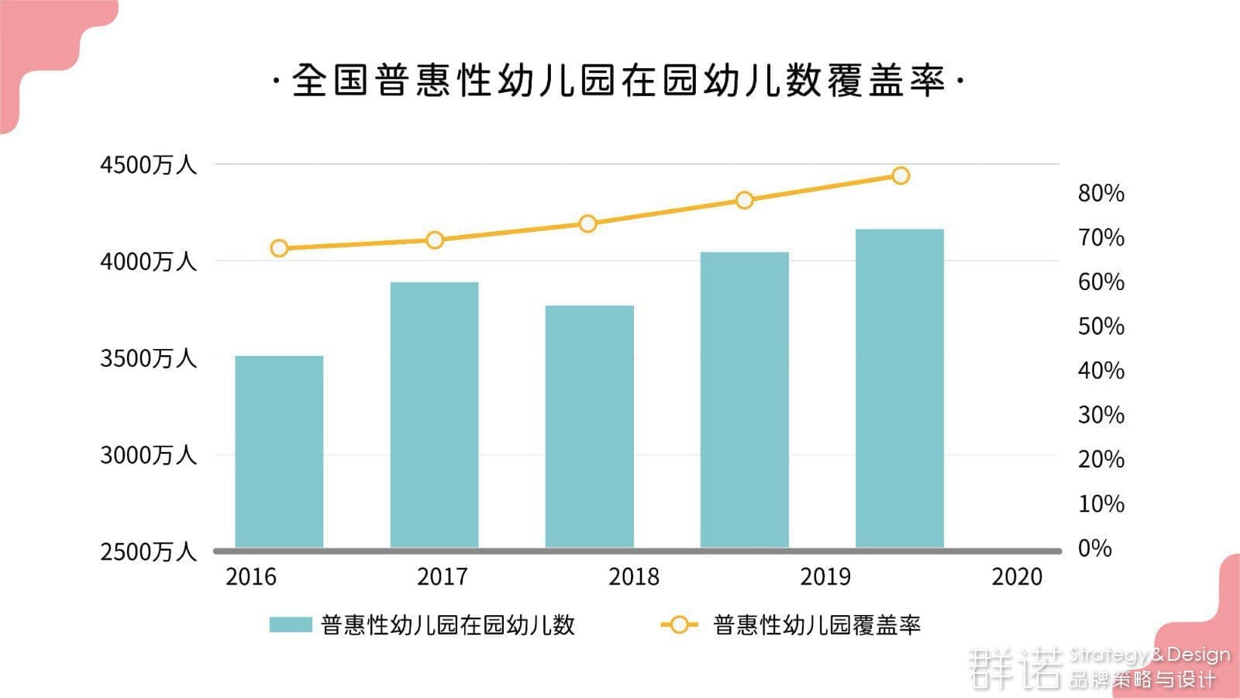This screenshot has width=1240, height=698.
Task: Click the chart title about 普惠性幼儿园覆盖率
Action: coord(618,81)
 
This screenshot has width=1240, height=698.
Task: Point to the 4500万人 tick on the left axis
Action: coord(148,164)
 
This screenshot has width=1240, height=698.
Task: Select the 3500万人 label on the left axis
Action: coord(148,358)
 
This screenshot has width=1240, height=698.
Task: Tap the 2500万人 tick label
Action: coord(148,551)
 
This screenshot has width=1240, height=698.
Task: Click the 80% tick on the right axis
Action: coord(1100,193)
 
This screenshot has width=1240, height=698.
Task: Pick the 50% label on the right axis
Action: coord(1100,327)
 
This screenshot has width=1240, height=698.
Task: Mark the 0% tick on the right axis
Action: coord(1094,548)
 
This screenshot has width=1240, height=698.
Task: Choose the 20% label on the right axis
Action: coord(1100,459)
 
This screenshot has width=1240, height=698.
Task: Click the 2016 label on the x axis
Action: coord(250,576)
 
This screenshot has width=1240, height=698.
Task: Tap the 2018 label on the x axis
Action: coord(634,576)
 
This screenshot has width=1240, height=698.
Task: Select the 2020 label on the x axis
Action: coord(1017,576)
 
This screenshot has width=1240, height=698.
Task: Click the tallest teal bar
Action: coord(899,388)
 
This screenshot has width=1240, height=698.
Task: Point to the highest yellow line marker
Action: coord(901,176)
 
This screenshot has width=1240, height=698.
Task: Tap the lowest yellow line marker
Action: coord(279,248)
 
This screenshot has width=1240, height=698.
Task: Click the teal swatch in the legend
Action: coord(291,625)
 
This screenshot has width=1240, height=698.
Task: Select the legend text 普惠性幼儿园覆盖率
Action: coord(816,625)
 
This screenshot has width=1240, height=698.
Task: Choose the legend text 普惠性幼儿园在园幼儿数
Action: coord(448,625)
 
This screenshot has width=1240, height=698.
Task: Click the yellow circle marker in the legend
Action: coord(679,625)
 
